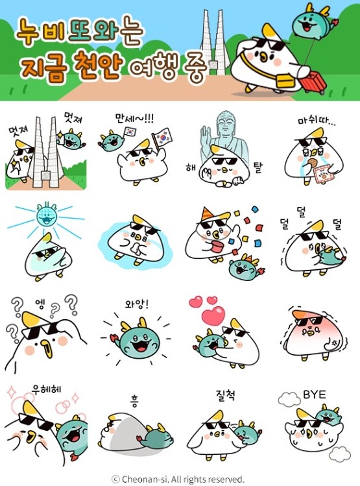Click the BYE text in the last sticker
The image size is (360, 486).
tap(315, 394)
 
